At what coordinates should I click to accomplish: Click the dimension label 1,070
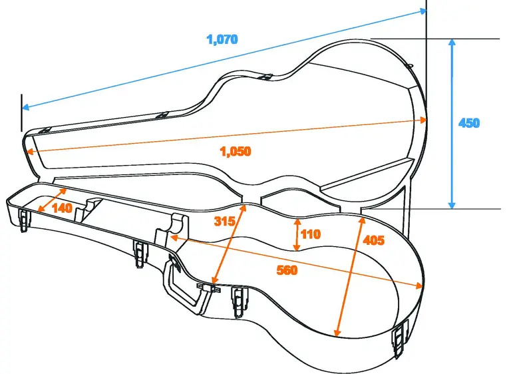tap(222, 39)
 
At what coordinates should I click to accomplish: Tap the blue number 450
tap(468, 123)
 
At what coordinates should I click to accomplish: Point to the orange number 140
tap(61, 208)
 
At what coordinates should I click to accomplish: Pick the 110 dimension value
tap(310, 234)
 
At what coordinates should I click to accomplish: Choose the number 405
tap(374, 240)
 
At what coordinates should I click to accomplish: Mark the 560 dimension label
tap(286, 270)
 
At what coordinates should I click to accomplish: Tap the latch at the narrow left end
tap(24, 219)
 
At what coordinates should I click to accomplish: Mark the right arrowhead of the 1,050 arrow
tap(423, 120)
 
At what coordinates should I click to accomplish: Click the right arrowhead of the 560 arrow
tap(419, 286)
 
